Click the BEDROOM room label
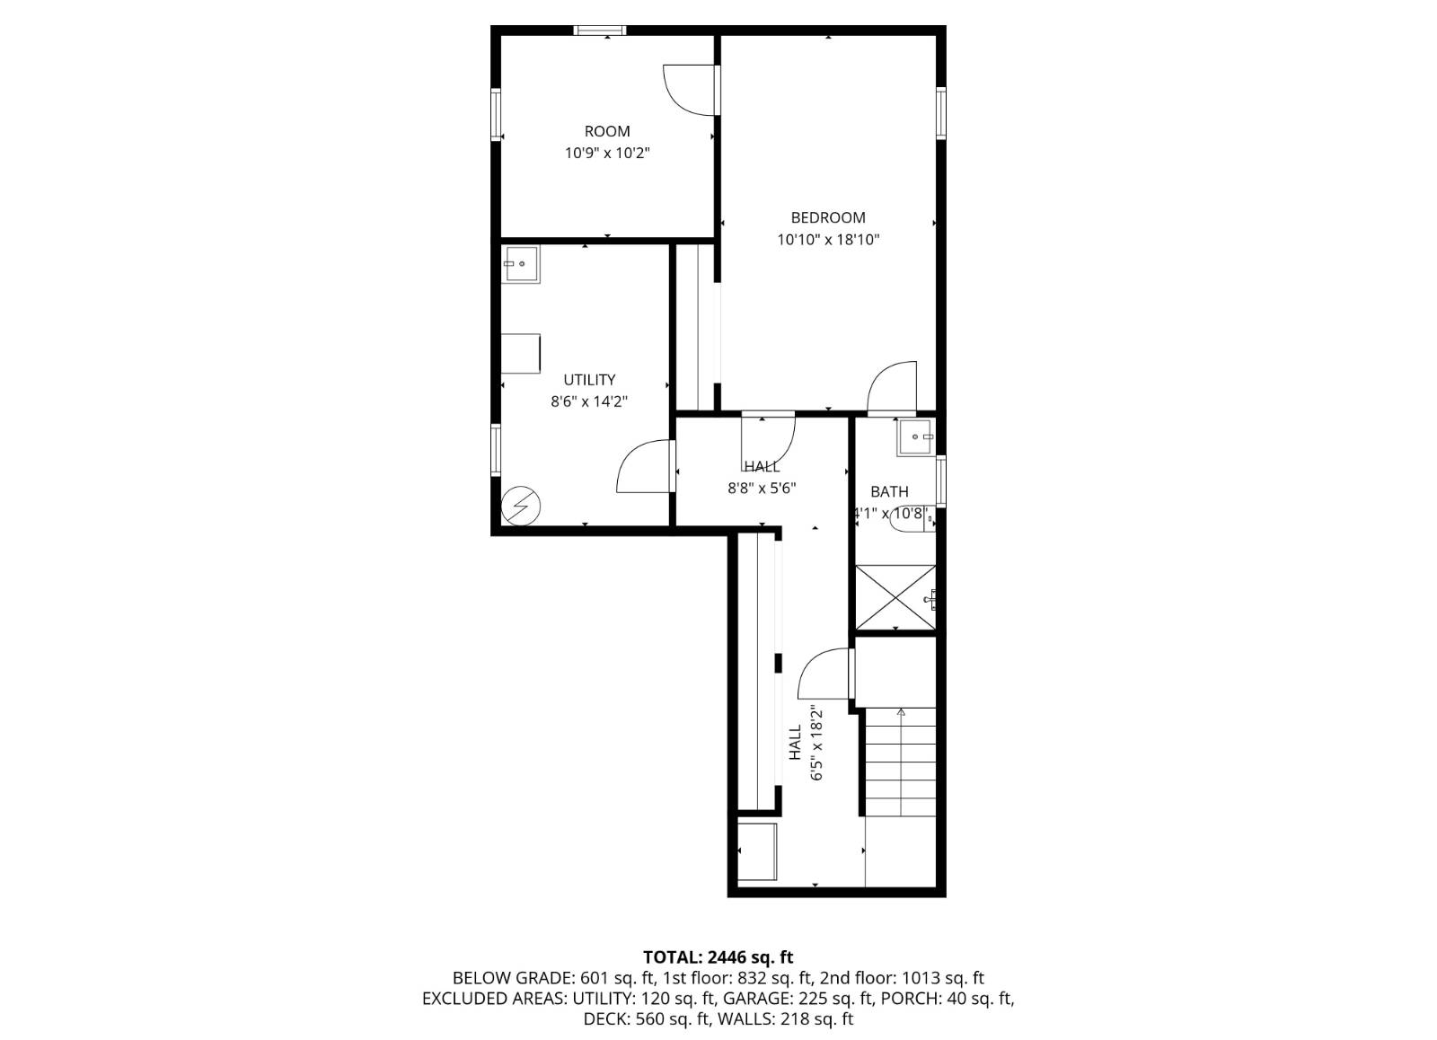pyautogui.click(x=827, y=217)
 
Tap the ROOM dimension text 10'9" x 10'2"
pyautogui.click(x=606, y=153)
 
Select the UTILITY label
pyautogui.click(x=589, y=380)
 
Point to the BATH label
pyautogui.click(x=889, y=491)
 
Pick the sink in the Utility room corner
pyautogui.click(x=520, y=265)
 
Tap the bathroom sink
pyautogui.click(x=915, y=437)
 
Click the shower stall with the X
pyautogui.click(x=895, y=597)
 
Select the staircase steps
pyautogui.click(x=900, y=762)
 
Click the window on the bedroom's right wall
pyautogui.click(x=940, y=113)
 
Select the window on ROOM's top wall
pyautogui.click(x=600, y=31)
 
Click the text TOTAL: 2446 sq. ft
pyautogui.click(x=718, y=957)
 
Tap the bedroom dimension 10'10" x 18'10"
pyautogui.click(x=827, y=240)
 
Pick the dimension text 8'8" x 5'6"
pyautogui.click(x=762, y=489)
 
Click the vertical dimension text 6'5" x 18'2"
pyautogui.click(x=816, y=743)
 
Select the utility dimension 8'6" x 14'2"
pyautogui.click(x=589, y=401)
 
